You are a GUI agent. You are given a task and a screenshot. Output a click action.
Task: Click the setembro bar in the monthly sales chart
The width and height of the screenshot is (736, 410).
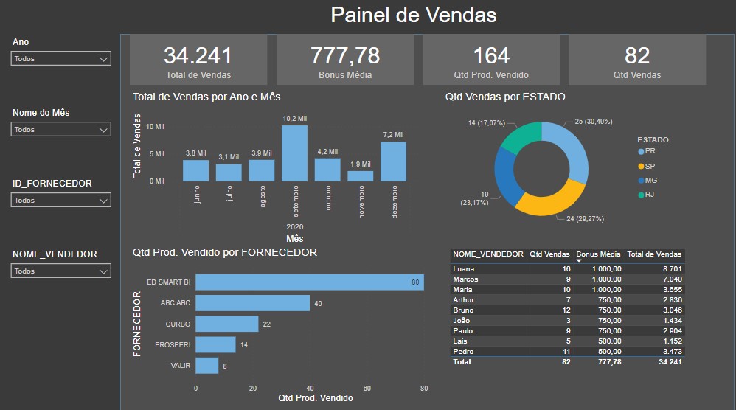[294, 153]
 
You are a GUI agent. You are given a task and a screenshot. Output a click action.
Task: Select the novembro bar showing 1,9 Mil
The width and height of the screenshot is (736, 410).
[361, 176]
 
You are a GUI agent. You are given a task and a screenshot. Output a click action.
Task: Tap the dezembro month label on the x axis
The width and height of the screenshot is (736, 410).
[395, 201]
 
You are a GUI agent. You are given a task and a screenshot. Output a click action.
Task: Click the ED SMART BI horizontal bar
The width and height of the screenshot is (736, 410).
[310, 282]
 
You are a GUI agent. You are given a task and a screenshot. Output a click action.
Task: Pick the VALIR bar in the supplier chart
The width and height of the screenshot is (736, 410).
[207, 366]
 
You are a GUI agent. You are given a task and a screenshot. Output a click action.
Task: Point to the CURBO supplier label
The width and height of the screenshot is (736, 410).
[178, 324]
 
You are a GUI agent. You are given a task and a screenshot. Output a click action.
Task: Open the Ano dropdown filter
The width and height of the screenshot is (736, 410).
[61, 59]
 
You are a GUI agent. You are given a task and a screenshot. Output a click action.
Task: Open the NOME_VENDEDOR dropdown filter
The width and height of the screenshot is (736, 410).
[61, 271]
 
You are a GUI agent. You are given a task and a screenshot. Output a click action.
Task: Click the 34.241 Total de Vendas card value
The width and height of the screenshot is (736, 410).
[198, 56]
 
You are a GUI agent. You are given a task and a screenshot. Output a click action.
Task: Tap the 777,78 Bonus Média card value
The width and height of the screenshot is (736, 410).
[344, 56]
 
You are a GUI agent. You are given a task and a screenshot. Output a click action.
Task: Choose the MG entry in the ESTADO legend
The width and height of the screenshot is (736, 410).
[650, 180]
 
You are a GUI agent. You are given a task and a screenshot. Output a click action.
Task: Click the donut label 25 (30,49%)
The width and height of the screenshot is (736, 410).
[589, 122]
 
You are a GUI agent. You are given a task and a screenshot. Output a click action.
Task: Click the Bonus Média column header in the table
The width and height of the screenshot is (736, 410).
[598, 254]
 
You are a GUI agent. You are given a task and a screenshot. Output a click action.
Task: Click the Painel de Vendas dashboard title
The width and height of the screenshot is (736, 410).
[413, 15]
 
